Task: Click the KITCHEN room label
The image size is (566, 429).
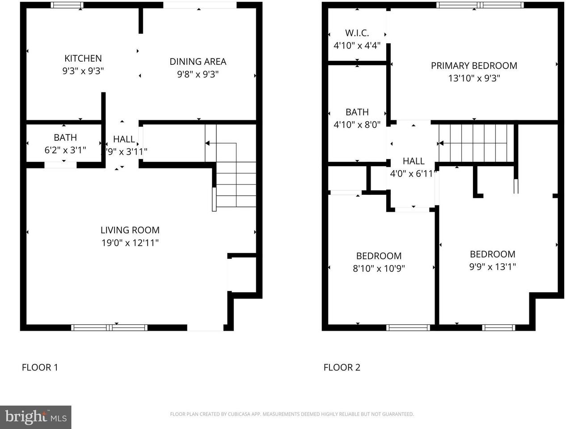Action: click(83, 59)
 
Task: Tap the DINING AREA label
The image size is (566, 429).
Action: click(198, 62)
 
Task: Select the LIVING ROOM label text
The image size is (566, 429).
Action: click(130, 230)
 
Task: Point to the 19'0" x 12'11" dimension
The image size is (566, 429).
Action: click(130, 243)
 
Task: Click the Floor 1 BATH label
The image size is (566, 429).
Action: click(65, 138)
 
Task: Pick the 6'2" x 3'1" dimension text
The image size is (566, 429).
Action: click(65, 150)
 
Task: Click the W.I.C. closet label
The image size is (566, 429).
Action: click(357, 33)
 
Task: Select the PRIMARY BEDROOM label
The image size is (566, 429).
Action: click(474, 66)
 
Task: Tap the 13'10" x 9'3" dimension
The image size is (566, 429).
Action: click(474, 78)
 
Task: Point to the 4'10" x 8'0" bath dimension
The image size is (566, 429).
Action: click(357, 125)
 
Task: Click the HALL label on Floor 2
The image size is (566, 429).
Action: click(413, 161)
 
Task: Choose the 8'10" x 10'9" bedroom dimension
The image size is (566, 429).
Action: click(379, 269)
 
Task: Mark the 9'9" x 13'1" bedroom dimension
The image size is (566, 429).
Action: click(492, 267)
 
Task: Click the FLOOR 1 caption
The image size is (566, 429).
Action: click(40, 367)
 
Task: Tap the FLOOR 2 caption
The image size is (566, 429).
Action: click(342, 367)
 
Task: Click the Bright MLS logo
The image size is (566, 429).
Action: click(35, 417)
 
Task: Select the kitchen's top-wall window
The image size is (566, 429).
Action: click(67, 5)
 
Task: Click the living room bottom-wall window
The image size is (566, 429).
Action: click(110, 328)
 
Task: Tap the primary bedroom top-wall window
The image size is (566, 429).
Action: click(479, 5)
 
